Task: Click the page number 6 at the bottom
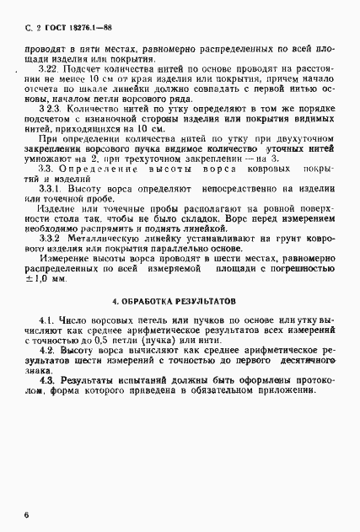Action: point(27,513)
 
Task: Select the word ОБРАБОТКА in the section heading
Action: point(153,300)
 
